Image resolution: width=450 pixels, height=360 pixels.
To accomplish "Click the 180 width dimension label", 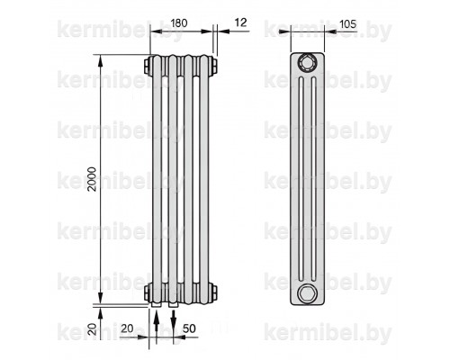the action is click(x=179, y=23).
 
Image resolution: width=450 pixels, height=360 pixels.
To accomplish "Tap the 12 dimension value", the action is click(x=240, y=22).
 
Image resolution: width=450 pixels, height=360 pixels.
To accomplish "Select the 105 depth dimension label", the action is click(x=348, y=23).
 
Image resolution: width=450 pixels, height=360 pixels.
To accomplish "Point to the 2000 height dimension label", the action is click(x=92, y=179).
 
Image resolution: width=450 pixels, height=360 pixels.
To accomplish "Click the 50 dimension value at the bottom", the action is click(x=189, y=328).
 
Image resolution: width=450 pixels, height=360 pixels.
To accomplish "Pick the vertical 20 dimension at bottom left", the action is click(x=93, y=328).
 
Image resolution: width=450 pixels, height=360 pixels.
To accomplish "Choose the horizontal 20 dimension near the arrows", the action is click(x=127, y=328).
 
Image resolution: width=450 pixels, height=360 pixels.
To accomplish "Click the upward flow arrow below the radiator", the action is click(x=156, y=325).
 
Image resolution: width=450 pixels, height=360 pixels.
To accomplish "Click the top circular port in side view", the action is click(x=307, y=63).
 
